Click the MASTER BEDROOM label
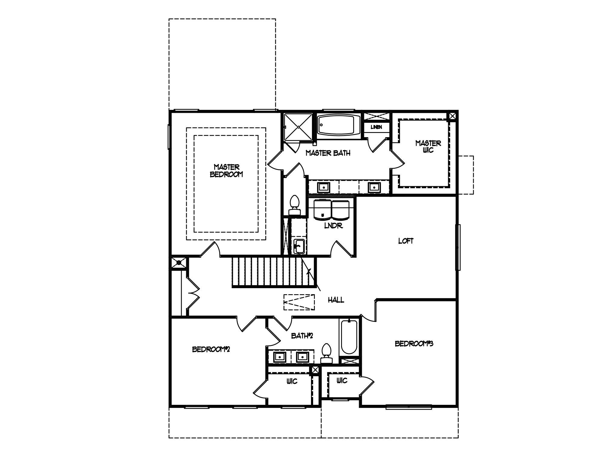coord(226,171)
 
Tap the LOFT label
coord(406,241)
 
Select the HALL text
coord(336,300)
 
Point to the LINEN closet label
coord(376,127)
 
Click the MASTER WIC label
coord(428,146)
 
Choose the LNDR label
coord(333,226)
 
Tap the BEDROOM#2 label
coord(211,349)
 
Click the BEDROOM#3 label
coord(414,343)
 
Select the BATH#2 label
coord(302,336)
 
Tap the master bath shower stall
coord(298,127)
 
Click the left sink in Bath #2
coord(279,357)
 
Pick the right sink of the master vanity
coord(374,187)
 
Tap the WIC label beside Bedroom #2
coord(291,381)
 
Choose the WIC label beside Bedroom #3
coord(342,380)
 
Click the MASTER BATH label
coord(328,153)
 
